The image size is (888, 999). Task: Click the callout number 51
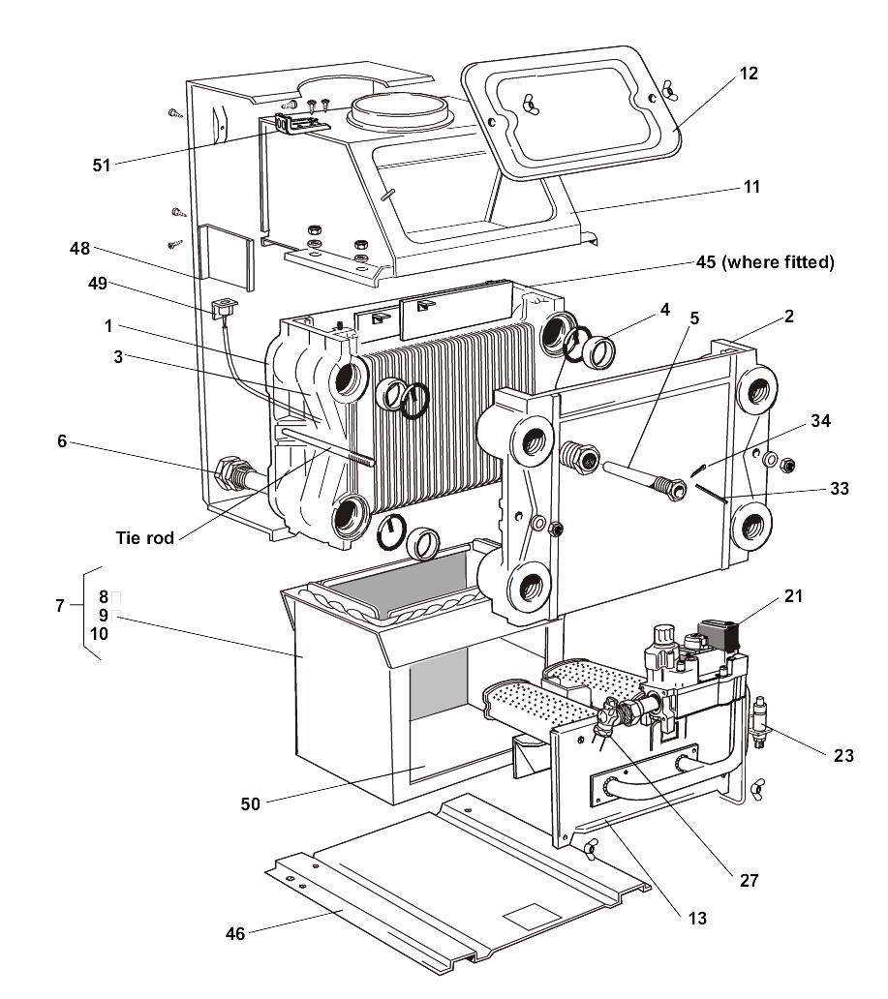tap(102, 165)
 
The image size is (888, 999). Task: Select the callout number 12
tap(748, 74)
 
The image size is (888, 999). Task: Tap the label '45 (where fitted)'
tap(765, 262)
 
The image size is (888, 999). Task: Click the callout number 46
tap(235, 933)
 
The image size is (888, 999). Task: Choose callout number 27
tap(748, 881)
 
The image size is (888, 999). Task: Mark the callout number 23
tap(843, 755)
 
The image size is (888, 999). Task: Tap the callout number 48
tap(79, 249)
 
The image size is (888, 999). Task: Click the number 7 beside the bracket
tap(60, 606)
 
